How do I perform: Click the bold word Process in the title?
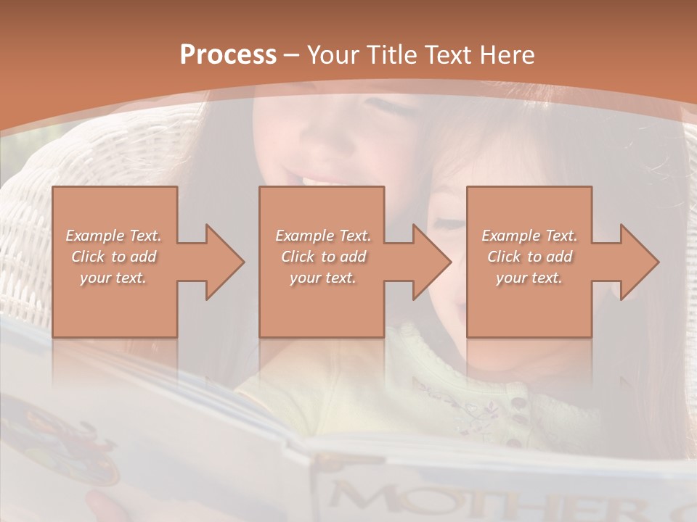[x=228, y=54]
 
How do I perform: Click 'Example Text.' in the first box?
[x=113, y=236]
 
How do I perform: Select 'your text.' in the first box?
[x=113, y=278]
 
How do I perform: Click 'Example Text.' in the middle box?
[x=322, y=236]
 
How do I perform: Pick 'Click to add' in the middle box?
[x=322, y=257]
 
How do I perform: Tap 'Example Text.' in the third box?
[x=529, y=236]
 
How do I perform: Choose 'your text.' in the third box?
[x=529, y=278]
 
